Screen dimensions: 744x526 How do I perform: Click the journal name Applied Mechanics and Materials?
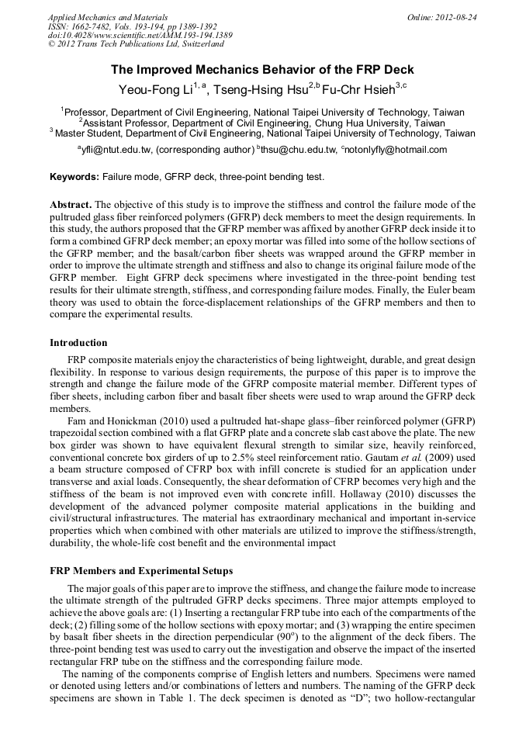[108, 16]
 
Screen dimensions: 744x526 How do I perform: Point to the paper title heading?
[262, 70]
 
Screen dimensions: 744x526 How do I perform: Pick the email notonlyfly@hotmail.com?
[400, 150]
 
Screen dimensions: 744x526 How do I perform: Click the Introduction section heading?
[78, 342]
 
